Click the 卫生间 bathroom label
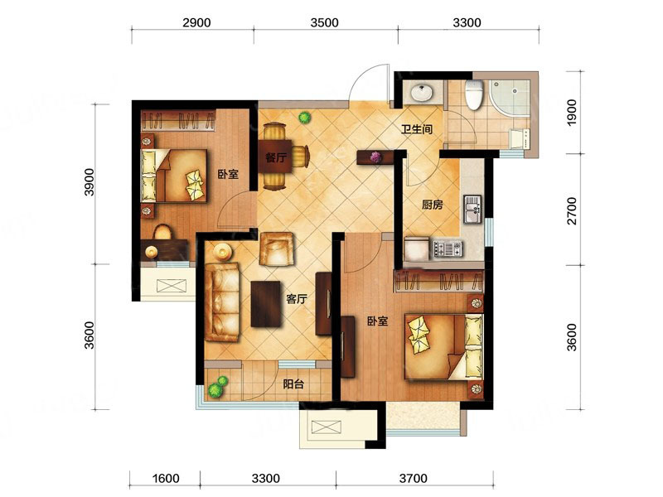pos(417,129)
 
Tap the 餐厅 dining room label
pos(276,157)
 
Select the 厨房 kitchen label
pos(432,205)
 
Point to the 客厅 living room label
pos(297,299)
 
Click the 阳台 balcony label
pos(293,384)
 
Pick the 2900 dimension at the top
pos(196,22)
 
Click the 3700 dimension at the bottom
pos(413,479)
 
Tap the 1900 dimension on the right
pos(572,112)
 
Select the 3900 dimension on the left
pos(90,182)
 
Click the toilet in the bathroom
pos(473,94)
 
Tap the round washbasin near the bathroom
pos(421,93)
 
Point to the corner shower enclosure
pos(510,97)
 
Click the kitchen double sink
pos(472,209)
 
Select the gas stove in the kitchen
pos(447,248)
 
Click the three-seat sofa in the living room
pos(222,302)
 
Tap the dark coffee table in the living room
pos(266,304)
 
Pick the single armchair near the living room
pos(277,249)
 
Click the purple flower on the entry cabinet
pos(375,157)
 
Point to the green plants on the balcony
pos(218,387)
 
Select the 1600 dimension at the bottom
pos(166,479)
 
